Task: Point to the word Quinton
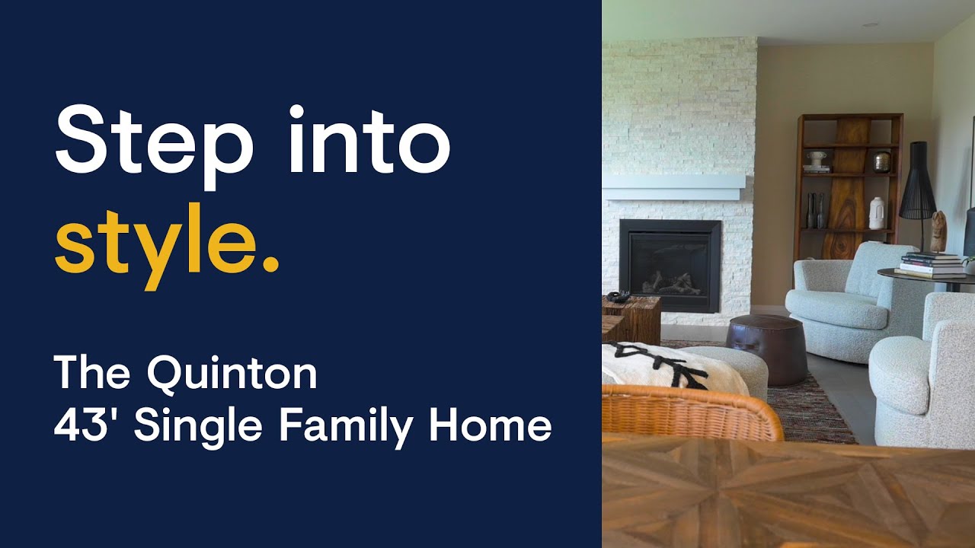coord(232,374)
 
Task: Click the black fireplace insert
coord(670,266)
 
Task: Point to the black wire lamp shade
coord(917,183)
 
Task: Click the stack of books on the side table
coord(931,264)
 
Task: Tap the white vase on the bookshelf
coord(877,213)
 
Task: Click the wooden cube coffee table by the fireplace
coord(631,318)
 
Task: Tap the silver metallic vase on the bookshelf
coord(881,161)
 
